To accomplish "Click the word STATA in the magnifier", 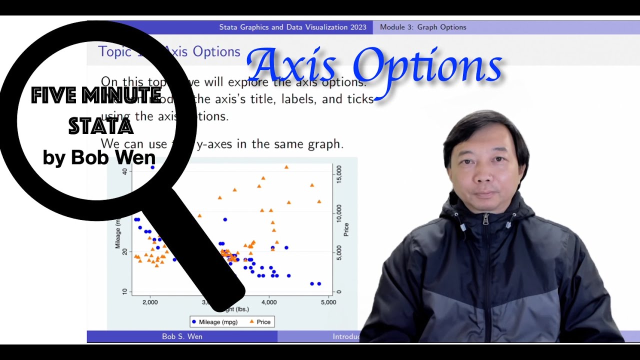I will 100,126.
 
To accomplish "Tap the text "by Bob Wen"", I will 99,157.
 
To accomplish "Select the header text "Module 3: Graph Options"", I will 423,27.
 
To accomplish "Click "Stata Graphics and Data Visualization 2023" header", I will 292,27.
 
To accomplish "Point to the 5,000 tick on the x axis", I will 328,302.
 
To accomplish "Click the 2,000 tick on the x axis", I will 150,302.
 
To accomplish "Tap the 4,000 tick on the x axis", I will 269,302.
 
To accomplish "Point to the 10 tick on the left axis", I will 124,291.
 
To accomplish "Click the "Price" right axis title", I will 346,229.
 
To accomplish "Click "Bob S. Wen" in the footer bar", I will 182,336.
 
